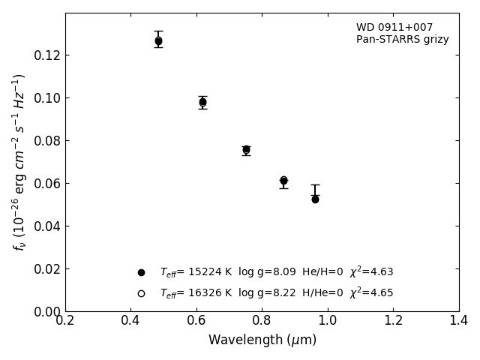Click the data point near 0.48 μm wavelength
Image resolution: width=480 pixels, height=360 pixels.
click(158, 41)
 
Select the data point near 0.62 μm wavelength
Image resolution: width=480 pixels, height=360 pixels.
click(202, 102)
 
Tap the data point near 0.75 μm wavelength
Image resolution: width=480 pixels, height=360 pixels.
click(246, 149)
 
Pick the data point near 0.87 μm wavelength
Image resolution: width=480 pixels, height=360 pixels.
click(283, 180)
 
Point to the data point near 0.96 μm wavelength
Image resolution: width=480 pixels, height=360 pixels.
click(315, 199)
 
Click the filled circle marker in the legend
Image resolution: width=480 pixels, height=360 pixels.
click(141, 272)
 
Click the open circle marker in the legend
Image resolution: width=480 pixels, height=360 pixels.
click(141, 293)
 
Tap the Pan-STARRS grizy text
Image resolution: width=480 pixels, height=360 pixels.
click(402, 40)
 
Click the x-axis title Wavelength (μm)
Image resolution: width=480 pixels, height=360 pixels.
click(262, 340)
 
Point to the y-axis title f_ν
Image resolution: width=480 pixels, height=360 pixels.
click(19, 162)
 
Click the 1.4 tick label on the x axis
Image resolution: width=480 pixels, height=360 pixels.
click(459, 321)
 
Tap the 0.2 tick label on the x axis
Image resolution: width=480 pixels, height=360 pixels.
click(65, 321)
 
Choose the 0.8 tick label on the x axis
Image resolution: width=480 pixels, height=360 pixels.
click(262, 321)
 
